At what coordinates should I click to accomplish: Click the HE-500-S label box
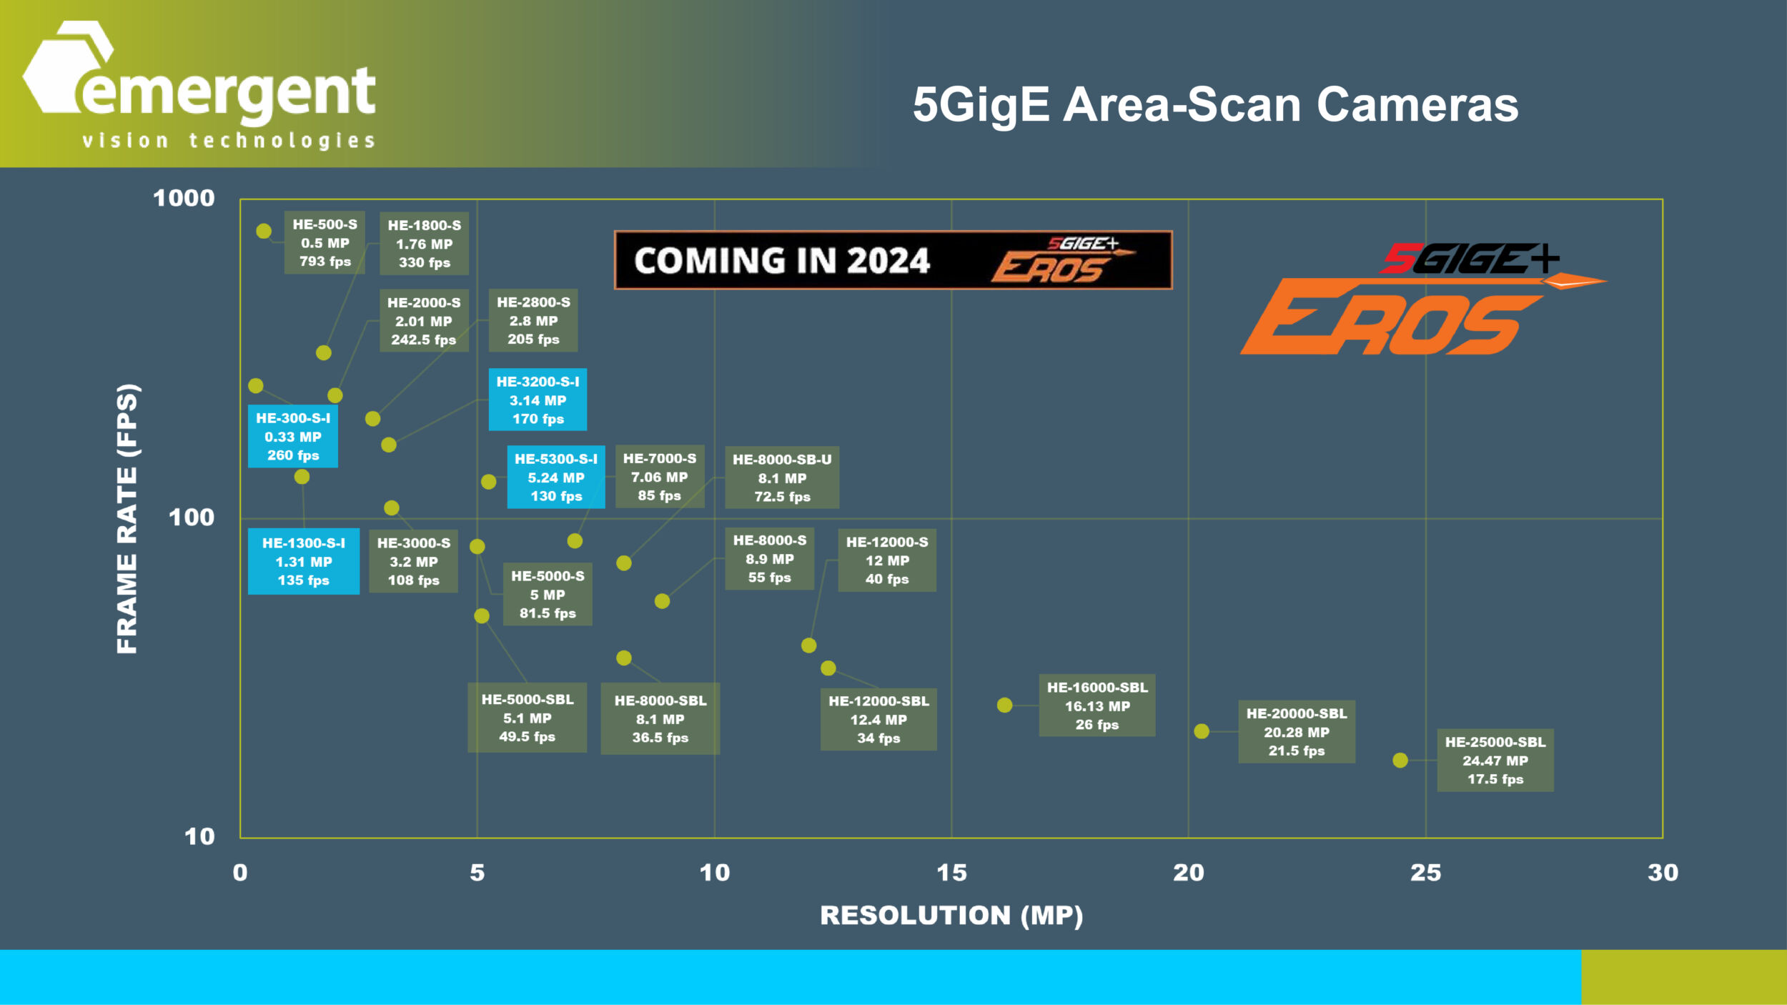(325, 242)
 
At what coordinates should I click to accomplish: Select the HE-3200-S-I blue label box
(538, 400)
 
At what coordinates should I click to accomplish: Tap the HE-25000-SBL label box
(1495, 761)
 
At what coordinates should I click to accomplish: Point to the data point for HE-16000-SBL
(1004, 706)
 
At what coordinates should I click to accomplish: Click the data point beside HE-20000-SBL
(1202, 731)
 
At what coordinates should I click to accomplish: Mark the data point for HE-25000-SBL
(1400, 761)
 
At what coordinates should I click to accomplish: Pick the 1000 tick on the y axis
(184, 198)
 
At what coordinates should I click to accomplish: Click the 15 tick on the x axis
(951, 873)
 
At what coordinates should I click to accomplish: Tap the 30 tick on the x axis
(1663, 873)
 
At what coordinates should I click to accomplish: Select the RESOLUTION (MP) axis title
(951, 916)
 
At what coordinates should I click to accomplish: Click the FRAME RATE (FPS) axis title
(127, 518)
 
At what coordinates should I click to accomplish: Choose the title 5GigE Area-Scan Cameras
(1215, 105)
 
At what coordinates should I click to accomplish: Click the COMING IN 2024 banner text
(782, 260)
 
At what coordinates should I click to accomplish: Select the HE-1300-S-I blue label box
(303, 561)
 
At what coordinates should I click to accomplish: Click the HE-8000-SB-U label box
(782, 477)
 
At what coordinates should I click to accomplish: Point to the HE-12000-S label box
(886, 560)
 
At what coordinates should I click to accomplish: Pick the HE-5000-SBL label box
(527, 718)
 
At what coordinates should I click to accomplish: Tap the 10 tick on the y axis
(199, 836)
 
